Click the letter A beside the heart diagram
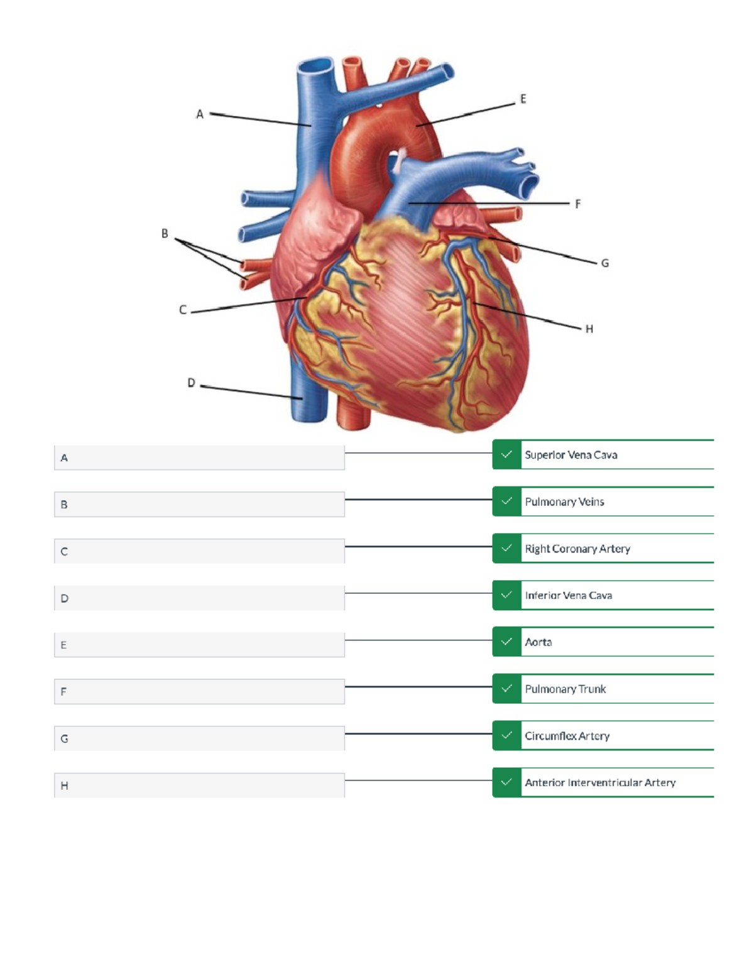pos(200,114)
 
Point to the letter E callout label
pos(523,99)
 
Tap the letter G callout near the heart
pos(604,263)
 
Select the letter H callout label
pos(589,329)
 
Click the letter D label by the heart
pos(191,383)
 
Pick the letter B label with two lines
pos(165,234)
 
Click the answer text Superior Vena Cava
pos(571,455)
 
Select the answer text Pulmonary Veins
pos(564,502)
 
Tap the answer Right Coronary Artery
pos(577,549)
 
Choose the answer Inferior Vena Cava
pos(568,595)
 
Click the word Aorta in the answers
pos(538,642)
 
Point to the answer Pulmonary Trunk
pos(565,689)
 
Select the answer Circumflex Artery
pos(567,736)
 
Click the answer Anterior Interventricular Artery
pos(600,782)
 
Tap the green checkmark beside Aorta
pos(506,642)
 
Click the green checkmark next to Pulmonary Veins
pos(506,502)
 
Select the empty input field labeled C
pos(199,551)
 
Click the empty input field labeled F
pos(199,691)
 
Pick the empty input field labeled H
pos(199,785)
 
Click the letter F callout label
pos(577,204)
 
